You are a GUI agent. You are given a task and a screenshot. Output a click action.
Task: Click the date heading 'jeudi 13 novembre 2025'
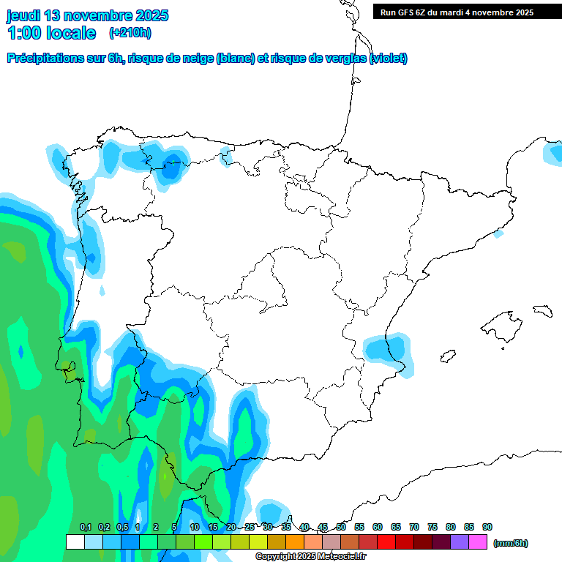click(87, 15)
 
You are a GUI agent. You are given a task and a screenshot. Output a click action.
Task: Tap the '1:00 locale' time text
click(52, 33)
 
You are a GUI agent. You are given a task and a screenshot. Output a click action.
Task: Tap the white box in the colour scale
click(75, 542)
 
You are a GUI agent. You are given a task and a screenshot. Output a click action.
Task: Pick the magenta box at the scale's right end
click(478, 542)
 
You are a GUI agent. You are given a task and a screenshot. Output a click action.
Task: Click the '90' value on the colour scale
click(487, 528)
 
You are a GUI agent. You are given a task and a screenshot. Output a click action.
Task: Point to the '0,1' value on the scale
click(86, 528)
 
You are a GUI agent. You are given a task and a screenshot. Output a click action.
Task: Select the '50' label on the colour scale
click(341, 528)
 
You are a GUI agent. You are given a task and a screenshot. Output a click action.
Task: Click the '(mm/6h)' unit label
click(511, 543)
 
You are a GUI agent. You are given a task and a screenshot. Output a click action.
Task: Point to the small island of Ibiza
click(446, 356)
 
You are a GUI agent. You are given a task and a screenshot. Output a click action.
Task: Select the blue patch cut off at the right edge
click(553, 152)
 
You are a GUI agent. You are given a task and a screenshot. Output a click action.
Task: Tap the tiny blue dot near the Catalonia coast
click(499, 233)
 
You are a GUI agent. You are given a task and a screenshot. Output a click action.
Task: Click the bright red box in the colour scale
click(386, 542)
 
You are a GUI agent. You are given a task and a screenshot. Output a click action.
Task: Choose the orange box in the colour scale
click(295, 542)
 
